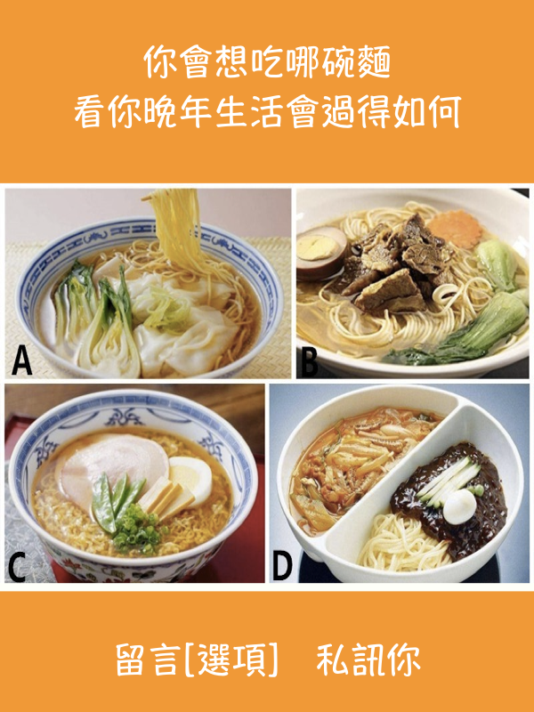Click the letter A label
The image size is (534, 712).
click(x=21, y=360)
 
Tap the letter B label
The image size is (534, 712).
click(x=309, y=362)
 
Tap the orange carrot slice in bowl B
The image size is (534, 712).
click(x=455, y=230)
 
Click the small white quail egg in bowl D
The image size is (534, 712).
click(x=459, y=506)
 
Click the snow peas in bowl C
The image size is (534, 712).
click(x=114, y=499)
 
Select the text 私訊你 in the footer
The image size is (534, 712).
click(x=368, y=659)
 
